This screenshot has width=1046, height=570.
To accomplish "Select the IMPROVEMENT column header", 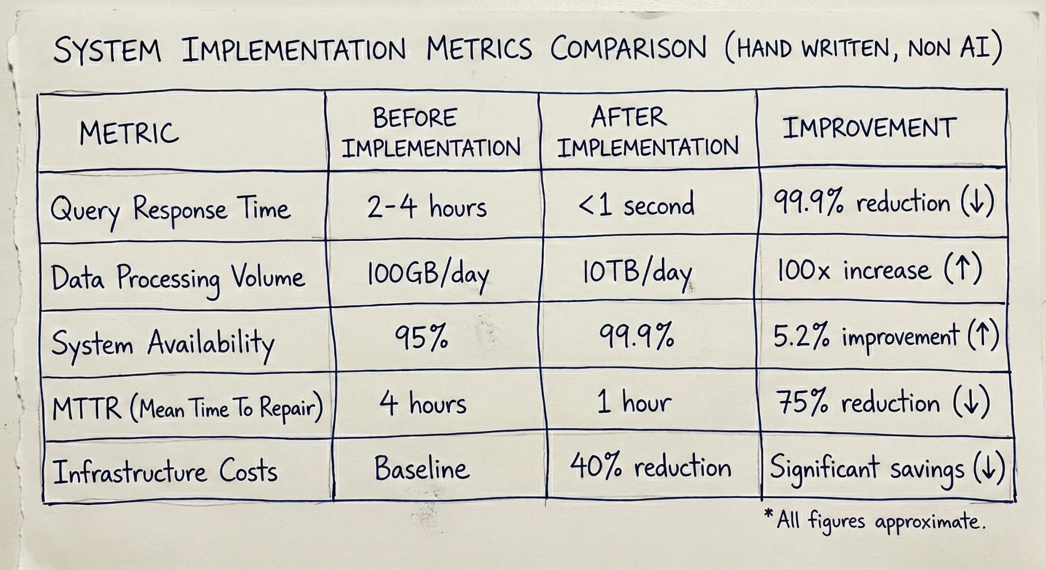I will pos(869,127).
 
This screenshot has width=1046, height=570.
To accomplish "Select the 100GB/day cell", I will pos(428,275).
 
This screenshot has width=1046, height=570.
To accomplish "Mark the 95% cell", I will pos(421,338).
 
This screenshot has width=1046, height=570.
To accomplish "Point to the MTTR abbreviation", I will pos(87,408).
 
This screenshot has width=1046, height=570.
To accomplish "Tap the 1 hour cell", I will pos(634,402).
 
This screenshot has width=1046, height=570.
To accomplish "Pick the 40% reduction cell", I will pos(650,467).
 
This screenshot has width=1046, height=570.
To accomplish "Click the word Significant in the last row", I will pos(824,468).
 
